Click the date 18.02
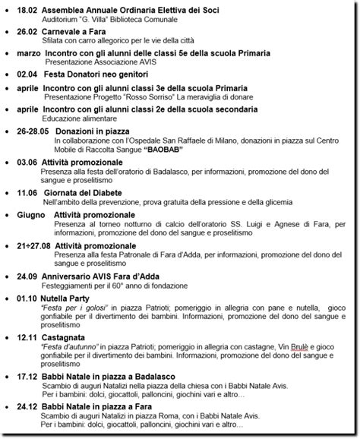(x=27, y=10)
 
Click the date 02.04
(x=27, y=75)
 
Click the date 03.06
(x=27, y=162)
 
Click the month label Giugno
(x=30, y=215)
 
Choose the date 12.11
(x=27, y=336)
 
